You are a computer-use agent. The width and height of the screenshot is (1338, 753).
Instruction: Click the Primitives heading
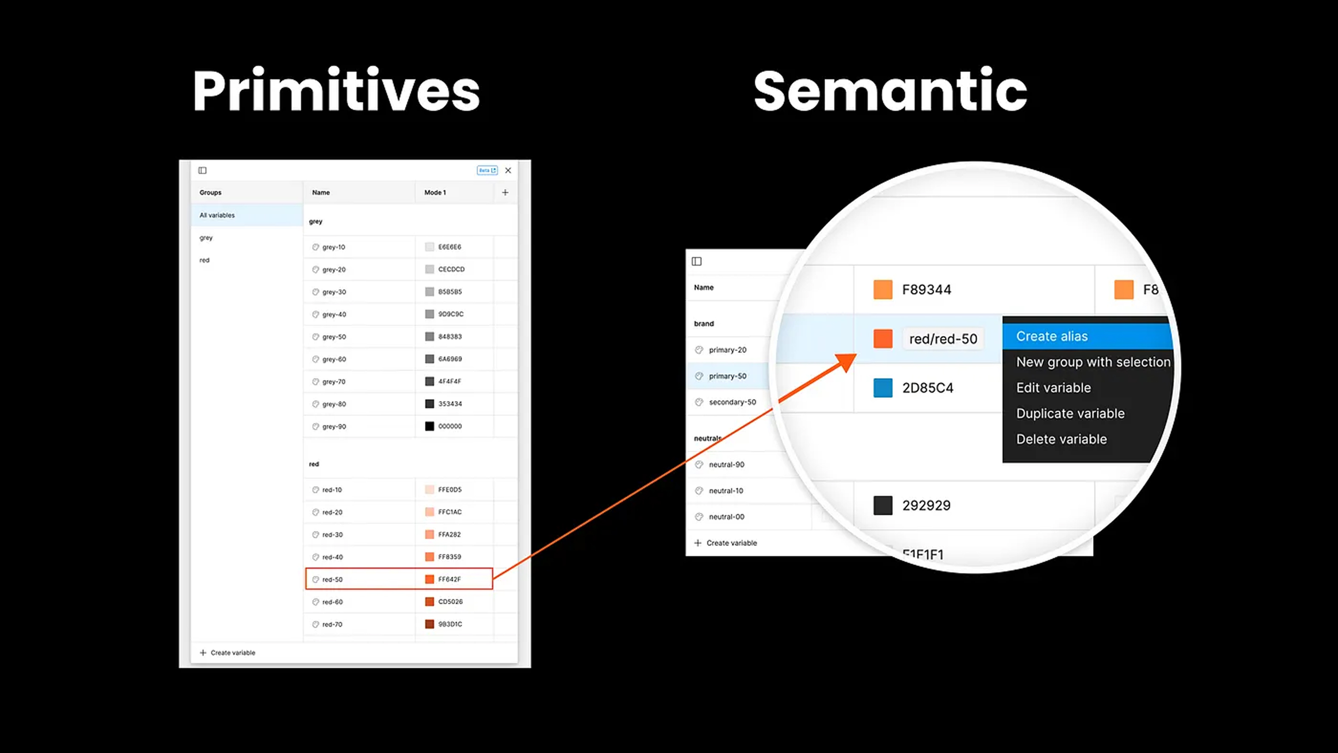(x=336, y=91)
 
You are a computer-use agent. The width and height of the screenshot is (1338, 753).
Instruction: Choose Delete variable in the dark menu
(x=1061, y=439)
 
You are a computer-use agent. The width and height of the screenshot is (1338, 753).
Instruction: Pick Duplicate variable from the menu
(x=1070, y=413)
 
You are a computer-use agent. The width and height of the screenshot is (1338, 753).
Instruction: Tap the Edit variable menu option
(x=1053, y=388)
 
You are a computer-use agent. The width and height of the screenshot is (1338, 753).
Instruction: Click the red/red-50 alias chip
(x=943, y=339)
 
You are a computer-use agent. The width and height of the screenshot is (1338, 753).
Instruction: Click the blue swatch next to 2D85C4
(x=882, y=388)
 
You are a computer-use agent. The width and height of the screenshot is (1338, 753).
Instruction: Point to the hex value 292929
(x=926, y=505)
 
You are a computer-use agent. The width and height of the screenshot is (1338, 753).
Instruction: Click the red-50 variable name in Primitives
(x=332, y=580)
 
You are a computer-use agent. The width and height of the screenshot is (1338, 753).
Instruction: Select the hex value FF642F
(x=449, y=580)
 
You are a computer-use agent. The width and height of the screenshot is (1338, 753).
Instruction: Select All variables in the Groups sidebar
(x=217, y=215)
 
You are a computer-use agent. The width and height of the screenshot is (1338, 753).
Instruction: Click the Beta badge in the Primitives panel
(x=487, y=170)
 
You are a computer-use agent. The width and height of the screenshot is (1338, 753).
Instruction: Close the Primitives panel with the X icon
(x=508, y=170)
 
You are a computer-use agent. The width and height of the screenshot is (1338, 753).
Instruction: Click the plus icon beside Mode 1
(x=505, y=192)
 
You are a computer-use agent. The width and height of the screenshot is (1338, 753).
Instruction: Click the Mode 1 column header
(x=435, y=192)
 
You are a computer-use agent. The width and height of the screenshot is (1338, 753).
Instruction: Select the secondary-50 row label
(x=732, y=402)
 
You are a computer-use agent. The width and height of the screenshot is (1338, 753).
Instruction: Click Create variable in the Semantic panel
(x=731, y=543)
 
